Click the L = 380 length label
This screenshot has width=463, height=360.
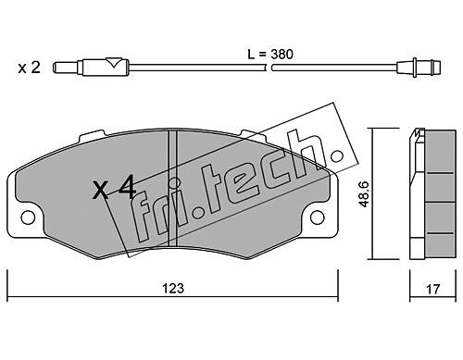pos(270,55)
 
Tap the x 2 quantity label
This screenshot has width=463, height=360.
pos(29,68)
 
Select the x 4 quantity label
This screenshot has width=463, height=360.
pos(114,187)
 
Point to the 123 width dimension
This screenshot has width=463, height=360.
pos(173,289)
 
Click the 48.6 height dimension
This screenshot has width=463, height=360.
pos(364,194)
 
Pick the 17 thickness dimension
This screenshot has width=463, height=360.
pos(432,290)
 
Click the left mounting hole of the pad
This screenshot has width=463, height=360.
pos(28,217)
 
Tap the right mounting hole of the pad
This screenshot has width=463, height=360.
pos(318,217)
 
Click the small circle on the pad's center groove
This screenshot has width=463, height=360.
pos(174,182)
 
